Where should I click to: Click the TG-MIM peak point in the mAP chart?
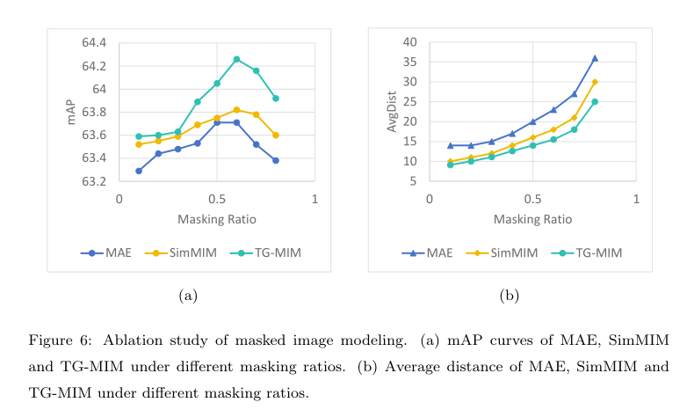(x=236, y=59)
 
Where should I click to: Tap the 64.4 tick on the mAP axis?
(x=93, y=43)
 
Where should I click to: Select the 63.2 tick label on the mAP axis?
(x=93, y=181)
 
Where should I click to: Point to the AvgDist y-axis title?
(x=393, y=112)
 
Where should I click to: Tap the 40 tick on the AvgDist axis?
(x=410, y=42)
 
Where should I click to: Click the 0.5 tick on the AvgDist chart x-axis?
(x=532, y=199)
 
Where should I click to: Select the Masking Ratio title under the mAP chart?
(x=216, y=218)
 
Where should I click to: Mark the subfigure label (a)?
(x=188, y=296)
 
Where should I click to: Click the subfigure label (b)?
(x=510, y=296)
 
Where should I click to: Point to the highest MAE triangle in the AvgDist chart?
(x=595, y=58)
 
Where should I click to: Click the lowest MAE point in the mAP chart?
(x=139, y=171)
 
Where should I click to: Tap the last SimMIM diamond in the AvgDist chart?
(x=595, y=82)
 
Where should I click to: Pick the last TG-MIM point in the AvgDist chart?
(x=595, y=101)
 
